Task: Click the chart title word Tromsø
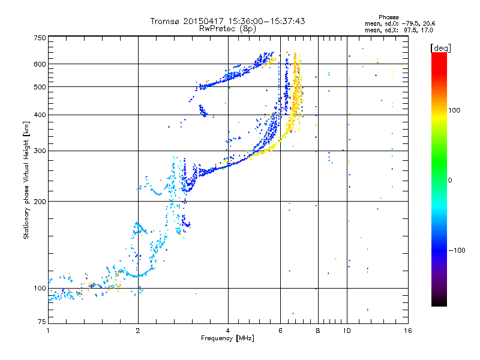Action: coord(164,21)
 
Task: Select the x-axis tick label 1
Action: coord(48,331)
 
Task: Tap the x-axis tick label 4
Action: coord(228,331)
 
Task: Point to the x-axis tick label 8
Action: coord(318,331)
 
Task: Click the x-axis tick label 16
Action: coord(407,331)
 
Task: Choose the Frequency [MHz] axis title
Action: coord(227,338)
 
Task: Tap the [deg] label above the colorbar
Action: coord(440,47)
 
